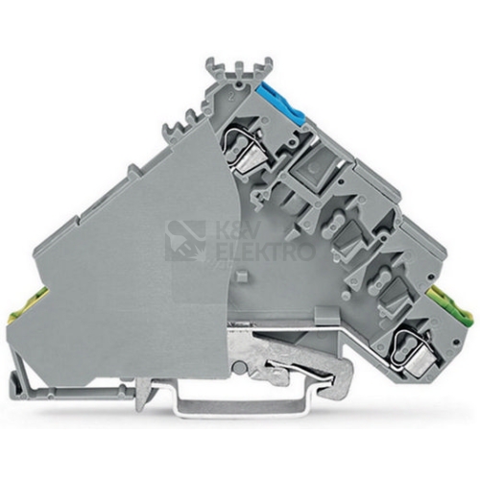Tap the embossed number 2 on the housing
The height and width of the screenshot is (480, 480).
(x=231, y=98)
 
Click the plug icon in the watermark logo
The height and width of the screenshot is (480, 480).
(x=186, y=240)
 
